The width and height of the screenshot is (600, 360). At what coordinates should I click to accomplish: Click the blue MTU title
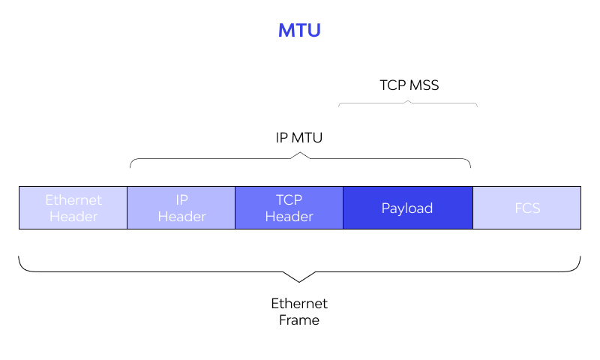pyautogui.click(x=299, y=31)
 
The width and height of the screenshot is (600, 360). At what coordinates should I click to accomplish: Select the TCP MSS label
pyautogui.click(x=409, y=85)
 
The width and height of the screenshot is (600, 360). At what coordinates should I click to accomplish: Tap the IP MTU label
pyautogui.click(x=299, y=138)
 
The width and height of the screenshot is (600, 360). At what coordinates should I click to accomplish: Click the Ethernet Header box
pyautogui.click(x=73, y=208)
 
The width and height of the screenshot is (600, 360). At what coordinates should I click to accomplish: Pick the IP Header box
pyautogui.click(x=181, y=208)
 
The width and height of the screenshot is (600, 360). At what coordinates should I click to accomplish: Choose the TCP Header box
pyautogui.click(x=289, y=208)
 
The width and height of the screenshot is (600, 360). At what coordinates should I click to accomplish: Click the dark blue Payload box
pyautogui.click(x=407, y=208)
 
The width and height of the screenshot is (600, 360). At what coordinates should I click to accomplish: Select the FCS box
pyautogui.click(x=526, y=208)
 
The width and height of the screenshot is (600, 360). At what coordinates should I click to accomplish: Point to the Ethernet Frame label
pyautogui.click(x=299, y=312)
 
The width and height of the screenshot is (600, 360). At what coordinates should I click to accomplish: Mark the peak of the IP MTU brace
pyautogui.click(x=300, y=154)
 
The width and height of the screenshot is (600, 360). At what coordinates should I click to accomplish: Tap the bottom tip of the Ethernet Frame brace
pyautogui.click(x=299, y=281)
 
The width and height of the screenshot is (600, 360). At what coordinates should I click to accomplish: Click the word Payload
pyautogui.click(x=407, y=208)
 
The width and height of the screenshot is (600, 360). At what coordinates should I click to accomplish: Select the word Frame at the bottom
pyautogui.click(x=299, y=320)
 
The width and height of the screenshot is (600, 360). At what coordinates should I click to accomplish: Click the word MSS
pyautogui.click(x=424, y=85)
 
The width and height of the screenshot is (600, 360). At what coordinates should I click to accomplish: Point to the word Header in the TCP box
pyautogui.click(x=289, y=217)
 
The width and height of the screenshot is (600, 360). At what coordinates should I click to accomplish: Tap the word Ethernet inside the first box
pyautogui.click(x=73, y=200)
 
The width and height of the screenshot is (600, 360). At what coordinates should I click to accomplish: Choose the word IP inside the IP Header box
pyautogui.click(x=181, y=200)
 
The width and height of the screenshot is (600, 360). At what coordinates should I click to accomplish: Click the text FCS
pyautogui.click(x=527, y=208)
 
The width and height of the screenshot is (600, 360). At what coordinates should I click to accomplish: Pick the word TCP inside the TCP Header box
pyautogui.click(x=289, y=200)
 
